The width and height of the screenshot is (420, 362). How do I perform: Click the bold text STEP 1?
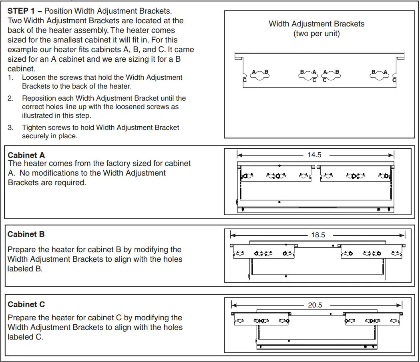[22, 11]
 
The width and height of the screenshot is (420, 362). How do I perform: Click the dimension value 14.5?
[314, 155]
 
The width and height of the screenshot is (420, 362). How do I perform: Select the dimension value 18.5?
[318, 235]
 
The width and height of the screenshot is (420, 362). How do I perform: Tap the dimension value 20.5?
[315, 305]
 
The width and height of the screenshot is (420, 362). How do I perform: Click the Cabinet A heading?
[26, 155]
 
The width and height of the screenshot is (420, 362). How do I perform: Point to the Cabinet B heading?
[26, 234]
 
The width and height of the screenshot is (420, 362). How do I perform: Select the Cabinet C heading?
[26, 304]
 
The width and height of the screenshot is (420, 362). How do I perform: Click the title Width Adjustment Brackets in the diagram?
[316, 24]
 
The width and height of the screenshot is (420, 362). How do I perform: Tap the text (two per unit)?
[316, 34]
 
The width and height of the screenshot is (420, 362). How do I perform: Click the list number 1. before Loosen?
[11, 77]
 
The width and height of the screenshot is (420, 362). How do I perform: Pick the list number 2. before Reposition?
[11, 98]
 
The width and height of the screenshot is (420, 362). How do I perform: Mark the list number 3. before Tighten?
[11, 127]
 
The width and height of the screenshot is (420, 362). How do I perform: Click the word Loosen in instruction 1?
[33, 77]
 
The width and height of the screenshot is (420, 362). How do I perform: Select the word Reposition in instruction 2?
[38, 98]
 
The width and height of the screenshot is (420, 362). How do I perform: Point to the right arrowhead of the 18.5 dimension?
[403, 235]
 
